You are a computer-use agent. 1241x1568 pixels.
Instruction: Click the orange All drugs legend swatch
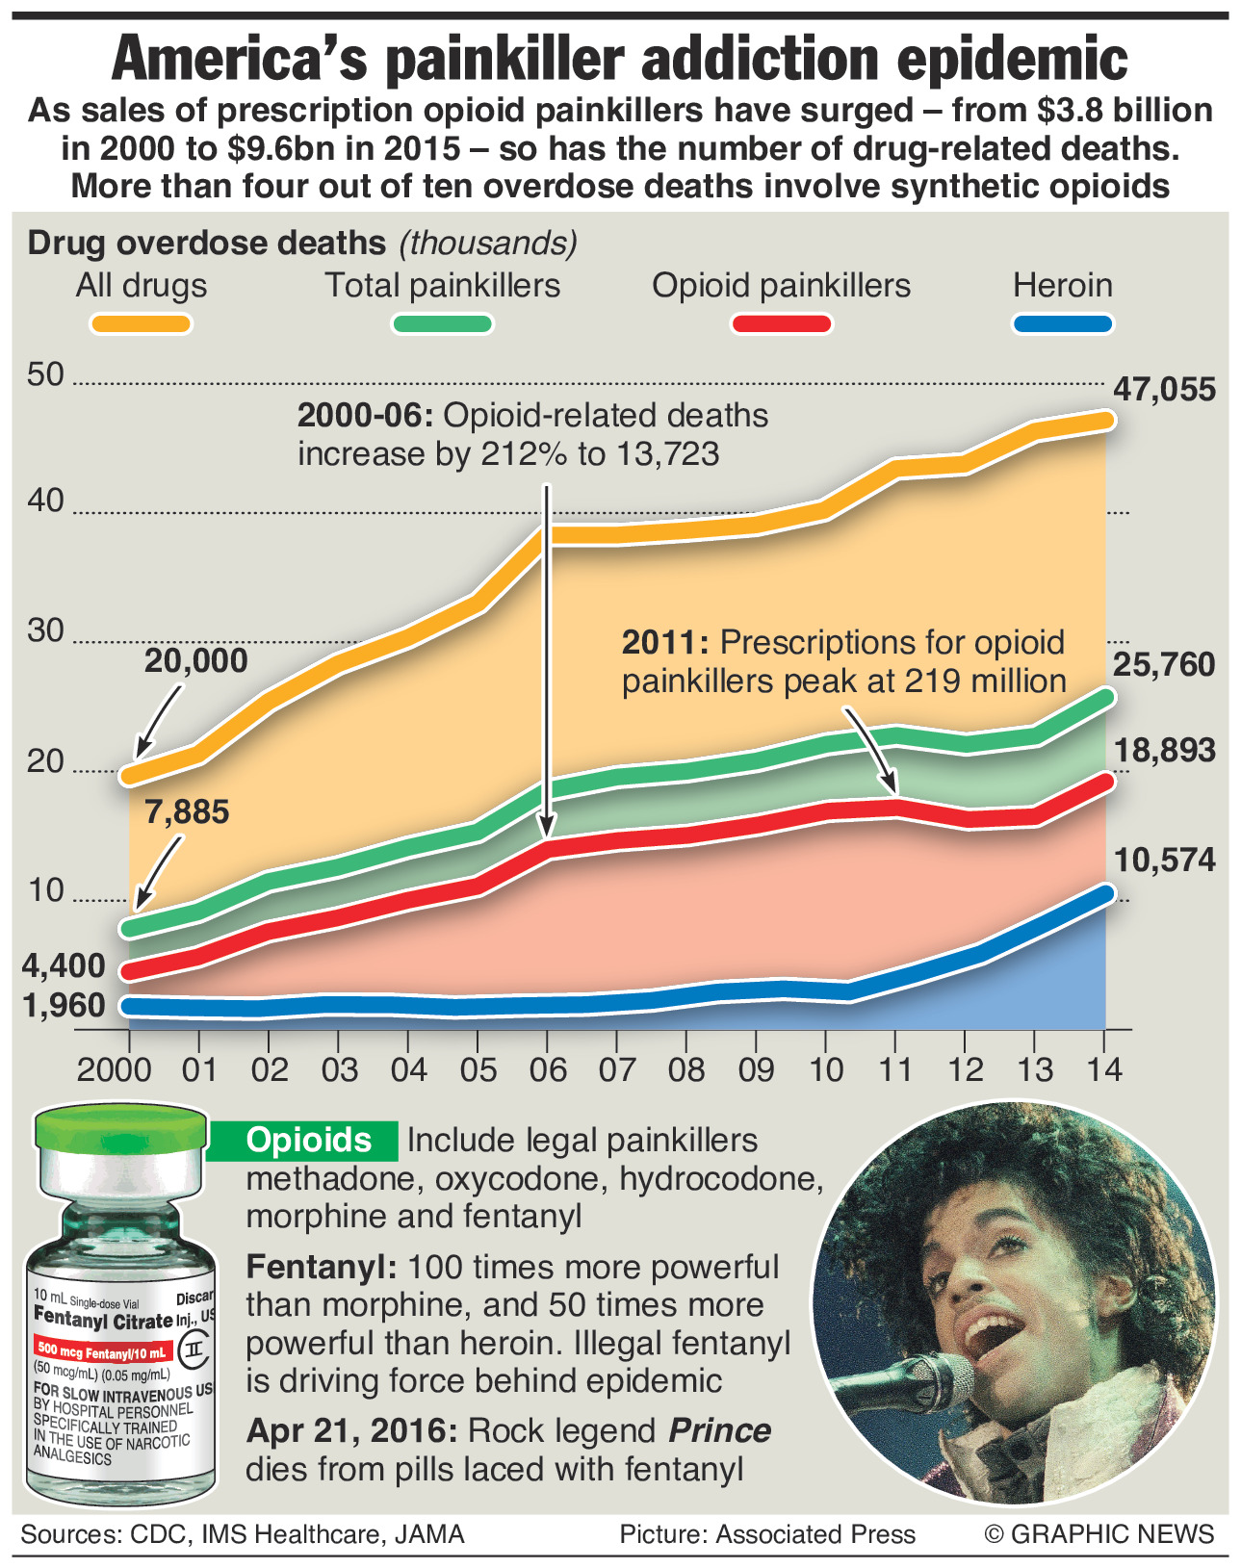point(141,323)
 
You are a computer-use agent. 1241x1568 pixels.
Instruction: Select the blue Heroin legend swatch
point(1063,323)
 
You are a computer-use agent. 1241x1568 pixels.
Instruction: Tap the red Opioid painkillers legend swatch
point(781,323)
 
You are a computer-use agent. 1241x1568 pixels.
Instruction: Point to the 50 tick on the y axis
point(45,374)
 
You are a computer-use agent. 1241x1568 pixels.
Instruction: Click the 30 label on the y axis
point(45,631)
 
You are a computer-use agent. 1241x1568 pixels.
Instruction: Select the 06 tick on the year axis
point(547,1069)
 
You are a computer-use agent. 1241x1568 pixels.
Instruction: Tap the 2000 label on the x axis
point(115,1069)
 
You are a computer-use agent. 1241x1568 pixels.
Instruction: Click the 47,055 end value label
point(1164,390)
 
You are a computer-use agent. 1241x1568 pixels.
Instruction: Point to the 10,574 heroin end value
point(1164,861)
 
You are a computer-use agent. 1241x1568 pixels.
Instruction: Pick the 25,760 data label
point(1164,665)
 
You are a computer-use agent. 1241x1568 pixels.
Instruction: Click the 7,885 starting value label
point(187,812)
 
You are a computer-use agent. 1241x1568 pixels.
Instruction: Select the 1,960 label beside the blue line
point(64,1006)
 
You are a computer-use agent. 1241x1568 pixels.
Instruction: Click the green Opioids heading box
point(308,1141)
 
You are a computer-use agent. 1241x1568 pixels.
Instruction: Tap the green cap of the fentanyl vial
point(120,1129)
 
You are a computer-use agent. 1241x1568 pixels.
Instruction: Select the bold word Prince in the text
point(719,1431)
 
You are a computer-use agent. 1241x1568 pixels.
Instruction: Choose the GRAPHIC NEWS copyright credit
point(1099,1534)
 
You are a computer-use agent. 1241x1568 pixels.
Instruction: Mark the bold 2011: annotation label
point(664,643)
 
